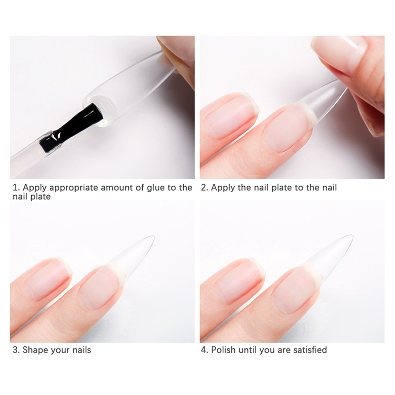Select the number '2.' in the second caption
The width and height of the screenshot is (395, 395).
tap(205, 188)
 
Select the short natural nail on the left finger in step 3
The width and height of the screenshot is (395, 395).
tap(48, 279)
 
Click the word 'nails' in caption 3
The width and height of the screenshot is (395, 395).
tap(81, 350)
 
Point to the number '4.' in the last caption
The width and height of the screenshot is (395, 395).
tap(205, 350)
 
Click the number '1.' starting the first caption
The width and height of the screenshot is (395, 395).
tap(16, 188)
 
